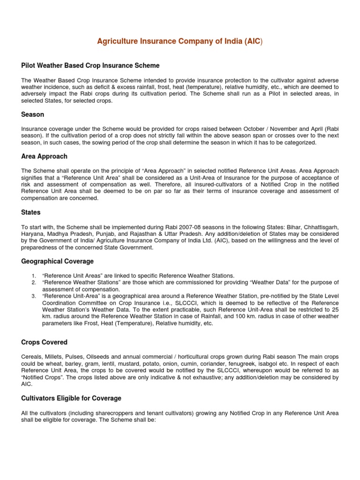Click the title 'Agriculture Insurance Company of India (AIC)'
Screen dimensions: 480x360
[x=180, y=42]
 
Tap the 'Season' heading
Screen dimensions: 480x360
[x=33, y=114]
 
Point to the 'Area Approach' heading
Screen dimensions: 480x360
[x=45, y=156]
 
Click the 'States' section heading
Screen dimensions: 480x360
[x=31, y=212]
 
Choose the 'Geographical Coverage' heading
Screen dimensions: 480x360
[x=58, y=261]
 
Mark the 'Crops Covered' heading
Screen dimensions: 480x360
[x=45, y=342]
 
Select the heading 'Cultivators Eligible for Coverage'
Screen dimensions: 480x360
[x=71, y=398]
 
